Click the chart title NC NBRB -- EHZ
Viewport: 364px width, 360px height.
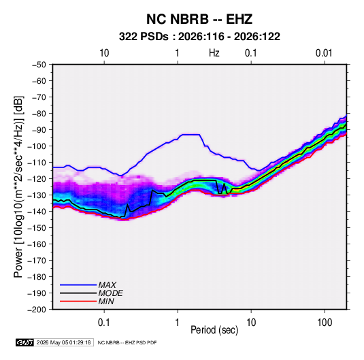pos(199,19)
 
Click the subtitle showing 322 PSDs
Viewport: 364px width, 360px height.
pos(199,37)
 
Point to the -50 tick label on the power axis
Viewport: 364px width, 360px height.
pos(39,65)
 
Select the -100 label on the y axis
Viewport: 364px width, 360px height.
pos(37,146)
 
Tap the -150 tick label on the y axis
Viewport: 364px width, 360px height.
pos(37,228)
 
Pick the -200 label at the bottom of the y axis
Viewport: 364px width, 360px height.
pos(37,310)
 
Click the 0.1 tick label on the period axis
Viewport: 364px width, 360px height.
pos(104,323)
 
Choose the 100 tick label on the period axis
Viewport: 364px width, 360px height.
pos(325,323)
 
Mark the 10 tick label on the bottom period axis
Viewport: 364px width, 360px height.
pos(251,323)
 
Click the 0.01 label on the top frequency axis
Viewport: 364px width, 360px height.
pos(324,53)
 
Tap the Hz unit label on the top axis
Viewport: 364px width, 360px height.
pos(214,53)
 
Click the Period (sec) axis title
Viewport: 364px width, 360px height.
pos(214,330)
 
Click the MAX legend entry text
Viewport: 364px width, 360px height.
pos(107,285)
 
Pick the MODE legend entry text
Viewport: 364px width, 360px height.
pos(110,293)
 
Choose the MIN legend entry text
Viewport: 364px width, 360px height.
pos(106,301)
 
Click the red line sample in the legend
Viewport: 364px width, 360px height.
pos(78,301)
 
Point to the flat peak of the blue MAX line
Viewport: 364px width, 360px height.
pos(191,135)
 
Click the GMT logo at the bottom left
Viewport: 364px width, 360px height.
pos(25,342)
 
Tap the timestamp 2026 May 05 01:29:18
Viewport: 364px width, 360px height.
pos(63,342)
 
